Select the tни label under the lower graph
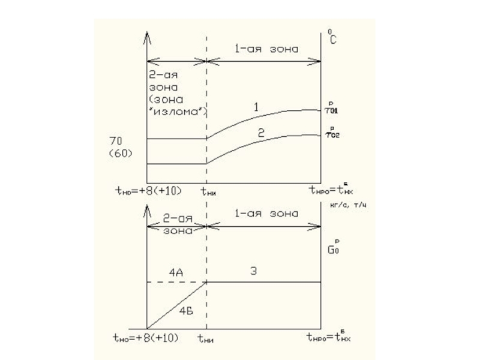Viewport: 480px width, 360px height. tap(206, 338)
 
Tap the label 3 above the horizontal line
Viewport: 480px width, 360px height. tap(254, 271)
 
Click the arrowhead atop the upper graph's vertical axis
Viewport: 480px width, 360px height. tap(147, 37)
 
